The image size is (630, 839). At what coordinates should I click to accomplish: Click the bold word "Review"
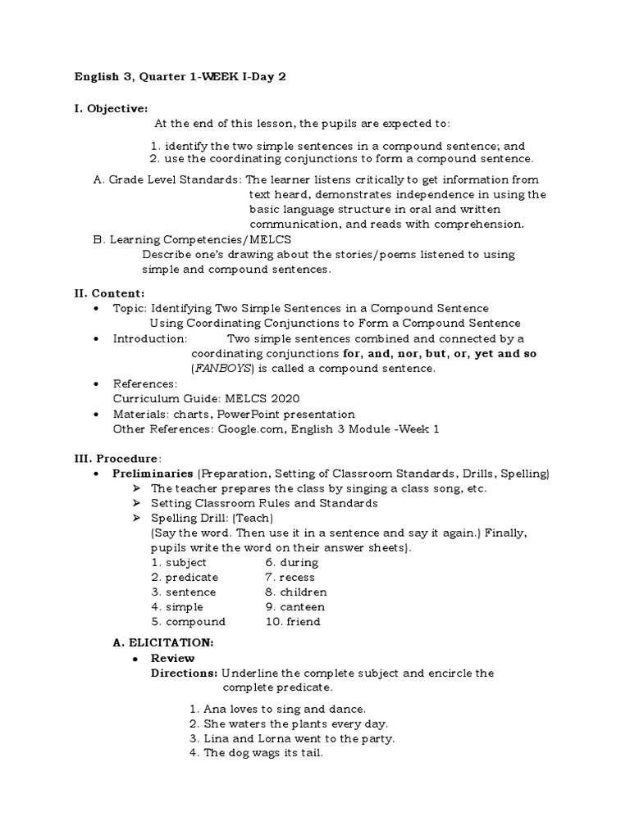173,658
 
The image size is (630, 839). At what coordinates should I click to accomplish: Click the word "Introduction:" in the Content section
149,338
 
